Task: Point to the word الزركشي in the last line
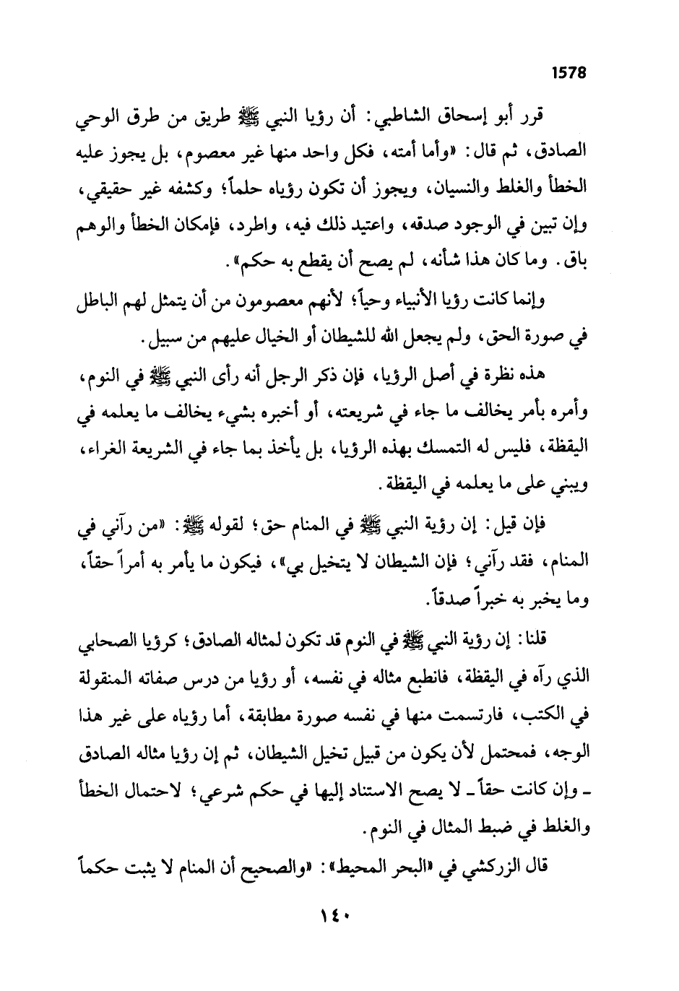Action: (x=485, y=864)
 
